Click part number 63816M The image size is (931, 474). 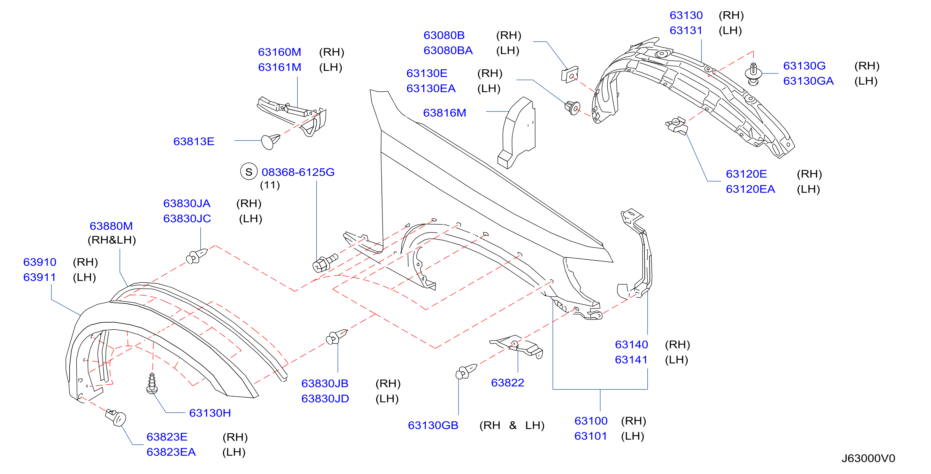[444, 113]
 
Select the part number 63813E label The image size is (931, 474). [194, 141]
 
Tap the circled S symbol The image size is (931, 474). [249, 172]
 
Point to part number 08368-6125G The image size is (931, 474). [298, 172]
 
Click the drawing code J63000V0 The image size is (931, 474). [868, 458]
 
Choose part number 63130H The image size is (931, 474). [210, 413]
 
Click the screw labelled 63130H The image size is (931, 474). [152, 383]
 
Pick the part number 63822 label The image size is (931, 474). [507, 382]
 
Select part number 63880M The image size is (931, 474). [111, 226]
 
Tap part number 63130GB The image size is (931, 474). [433, 425]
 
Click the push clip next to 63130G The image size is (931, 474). [753, 74]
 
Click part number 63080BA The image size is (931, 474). [448, 50]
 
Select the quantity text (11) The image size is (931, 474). [270, 185]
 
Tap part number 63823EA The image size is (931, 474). [171, 452]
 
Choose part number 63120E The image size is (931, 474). [746, 174]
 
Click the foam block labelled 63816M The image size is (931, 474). [517, 132]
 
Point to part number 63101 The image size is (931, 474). [590, 436]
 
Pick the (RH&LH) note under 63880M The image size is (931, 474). [112, 240]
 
